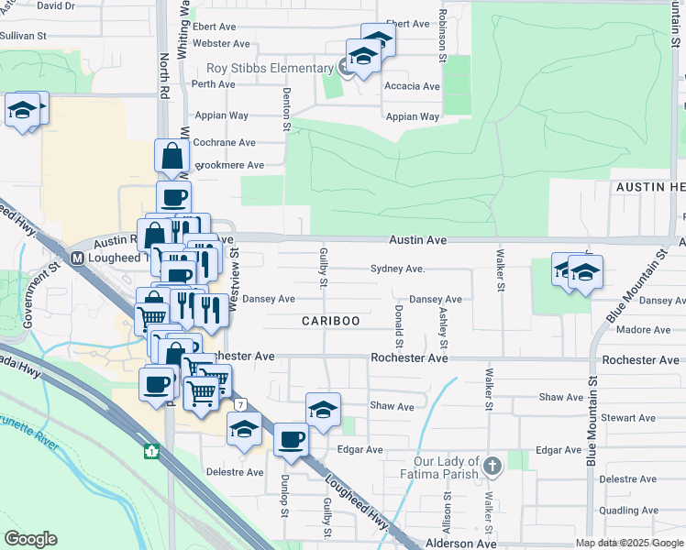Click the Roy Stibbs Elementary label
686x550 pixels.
[x=269, y=68]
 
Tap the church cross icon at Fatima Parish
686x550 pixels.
[x=492, y=467]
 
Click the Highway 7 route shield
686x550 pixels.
[x=239, y=403]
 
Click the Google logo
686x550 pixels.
[x=31, y=539]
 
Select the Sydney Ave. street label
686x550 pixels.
[x=397, y=269]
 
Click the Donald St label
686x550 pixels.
[x=399, y=327]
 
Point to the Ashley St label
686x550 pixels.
[x=443, y=327]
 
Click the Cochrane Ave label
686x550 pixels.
[x=225, y=143]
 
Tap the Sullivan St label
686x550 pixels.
[x=23, y=36]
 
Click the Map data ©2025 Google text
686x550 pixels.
[x=627, y=543]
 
